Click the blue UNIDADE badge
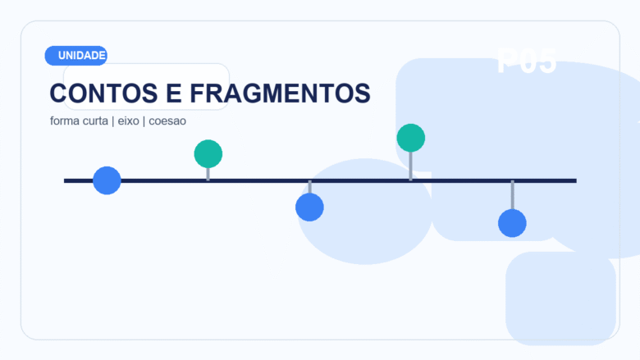point(76,56)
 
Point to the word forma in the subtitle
point(64,121)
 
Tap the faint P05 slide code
point(527,62)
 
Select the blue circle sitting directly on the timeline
point(107,180)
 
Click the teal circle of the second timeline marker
point(208,154)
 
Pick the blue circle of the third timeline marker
point(309,207)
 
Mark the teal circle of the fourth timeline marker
point(411,138)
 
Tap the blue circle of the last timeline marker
point(512,223)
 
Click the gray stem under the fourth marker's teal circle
point(411,166)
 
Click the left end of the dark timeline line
point(67,180)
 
